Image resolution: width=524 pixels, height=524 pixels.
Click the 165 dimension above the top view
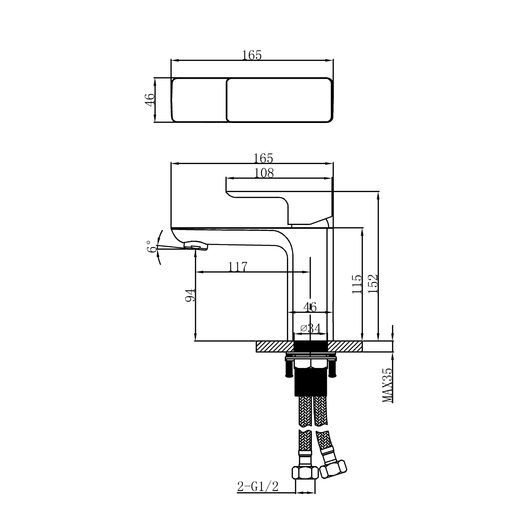coord(252,55)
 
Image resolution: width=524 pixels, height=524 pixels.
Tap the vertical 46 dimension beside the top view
coord(150,99)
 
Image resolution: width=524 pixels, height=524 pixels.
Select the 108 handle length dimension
coord(264,173)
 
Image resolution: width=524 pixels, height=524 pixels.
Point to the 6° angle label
coord(151,246)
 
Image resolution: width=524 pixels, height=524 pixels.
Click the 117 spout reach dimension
coord(238,267)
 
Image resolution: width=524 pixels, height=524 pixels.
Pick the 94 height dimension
coord(190,295)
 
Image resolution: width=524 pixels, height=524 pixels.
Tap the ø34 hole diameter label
coord(310,328)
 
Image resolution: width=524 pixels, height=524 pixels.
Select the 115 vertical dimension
coord(357,284)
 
